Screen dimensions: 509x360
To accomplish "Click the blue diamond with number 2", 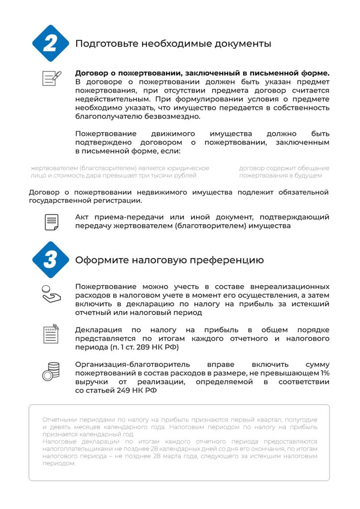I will pyautogui.click(x=50, y=43).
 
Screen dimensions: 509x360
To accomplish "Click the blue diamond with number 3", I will pyautogui.click(x=50, y=260).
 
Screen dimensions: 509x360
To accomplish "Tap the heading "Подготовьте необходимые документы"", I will pyautogui.click(x=173, y=44).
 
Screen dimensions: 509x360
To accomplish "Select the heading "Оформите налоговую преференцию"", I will pyautogui.click(x=169, y=260).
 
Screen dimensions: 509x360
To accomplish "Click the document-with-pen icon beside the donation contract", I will pyautogui.click(x=51, y=78).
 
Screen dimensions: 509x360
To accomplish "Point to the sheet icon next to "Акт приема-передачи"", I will pyautogui.click(x=51, y=222).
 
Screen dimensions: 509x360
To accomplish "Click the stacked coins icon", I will pyautogui.click(x=51, y=371).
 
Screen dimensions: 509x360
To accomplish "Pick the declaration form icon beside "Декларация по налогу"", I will pyautogui.click(x=51, y=334).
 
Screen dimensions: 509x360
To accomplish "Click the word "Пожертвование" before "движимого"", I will pyautogui.click(x=106, y=134).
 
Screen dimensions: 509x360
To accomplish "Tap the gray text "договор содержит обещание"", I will pyautogui.click(x=284, y=168).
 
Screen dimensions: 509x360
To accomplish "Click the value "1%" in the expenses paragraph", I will pyautogui.click(x=324, y=373).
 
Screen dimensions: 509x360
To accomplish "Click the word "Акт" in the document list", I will pyautogui.click(x=83, y=217).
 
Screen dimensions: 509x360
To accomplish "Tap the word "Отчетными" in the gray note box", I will pyautogui.click(x=59, y=420).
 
